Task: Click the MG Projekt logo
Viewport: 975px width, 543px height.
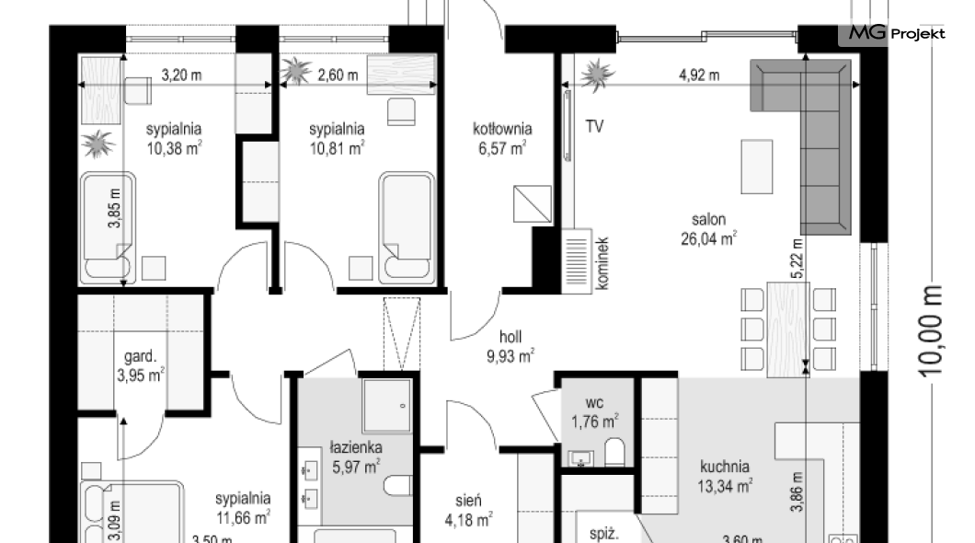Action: click(897, 33)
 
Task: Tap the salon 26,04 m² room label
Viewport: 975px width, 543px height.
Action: click(708, 229)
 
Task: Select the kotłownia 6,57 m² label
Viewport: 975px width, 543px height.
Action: click(502, 138)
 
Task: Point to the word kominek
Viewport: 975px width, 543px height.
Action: click(602, 263)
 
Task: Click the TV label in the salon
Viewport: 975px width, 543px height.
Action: click(594, 126)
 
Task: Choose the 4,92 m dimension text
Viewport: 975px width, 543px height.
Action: click(699, 75)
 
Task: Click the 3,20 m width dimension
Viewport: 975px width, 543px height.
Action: click(181, 75)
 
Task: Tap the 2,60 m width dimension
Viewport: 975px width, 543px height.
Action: click(338, 75)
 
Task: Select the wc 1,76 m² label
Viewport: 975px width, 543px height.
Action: click(594, 412)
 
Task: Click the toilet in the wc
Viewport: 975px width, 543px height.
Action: click(614, 452)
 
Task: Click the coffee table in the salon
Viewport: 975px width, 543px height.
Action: click(757, 167)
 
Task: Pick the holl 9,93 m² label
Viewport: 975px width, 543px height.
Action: click(510, 346)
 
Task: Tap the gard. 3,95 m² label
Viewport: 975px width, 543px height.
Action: click(141, 365)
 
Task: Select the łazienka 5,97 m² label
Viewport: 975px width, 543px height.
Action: click(356, 457)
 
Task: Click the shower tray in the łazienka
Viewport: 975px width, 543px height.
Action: click(386, 406)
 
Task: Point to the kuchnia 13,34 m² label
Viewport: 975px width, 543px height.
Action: click(725, 477)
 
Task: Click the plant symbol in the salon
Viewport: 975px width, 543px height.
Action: click(598, 75)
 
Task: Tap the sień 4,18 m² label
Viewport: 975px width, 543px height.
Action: click(468, 510)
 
